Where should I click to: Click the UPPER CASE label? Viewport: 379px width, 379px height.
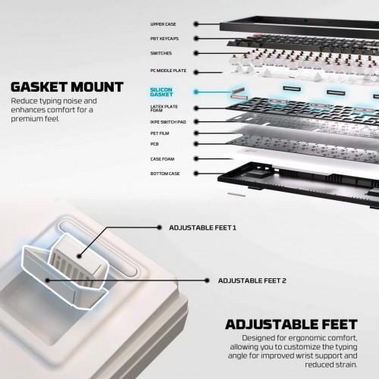click(x=163, y=24)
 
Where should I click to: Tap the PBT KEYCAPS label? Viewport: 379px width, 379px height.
click(x=164, y=39)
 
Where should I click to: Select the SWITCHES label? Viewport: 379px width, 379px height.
click(x=161, y=53)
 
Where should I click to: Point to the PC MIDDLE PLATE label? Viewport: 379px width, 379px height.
click(x=168, y=70)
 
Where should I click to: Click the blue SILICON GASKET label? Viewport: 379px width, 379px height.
click(x=161, y=92)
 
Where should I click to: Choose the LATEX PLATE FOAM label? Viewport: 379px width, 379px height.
click(x=164, y=108)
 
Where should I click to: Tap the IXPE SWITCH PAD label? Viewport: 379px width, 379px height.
click(x=168, y=122)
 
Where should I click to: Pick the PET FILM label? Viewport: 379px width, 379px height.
click(x=160, y=133)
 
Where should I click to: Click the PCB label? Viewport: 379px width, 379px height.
click(x=155, y=144)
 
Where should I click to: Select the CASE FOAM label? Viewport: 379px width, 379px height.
click(x=162, y=159)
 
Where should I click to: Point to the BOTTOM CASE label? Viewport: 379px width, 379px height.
click(x=165, y=174)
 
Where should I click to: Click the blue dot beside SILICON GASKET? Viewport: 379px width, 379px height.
click(x=196, y=92)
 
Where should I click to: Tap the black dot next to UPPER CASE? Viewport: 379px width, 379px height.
click(x=196, y=24)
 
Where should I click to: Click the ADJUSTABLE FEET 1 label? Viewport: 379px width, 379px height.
click(x=202, y=227)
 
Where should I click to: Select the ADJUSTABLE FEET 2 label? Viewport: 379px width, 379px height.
click(x=252, y=280)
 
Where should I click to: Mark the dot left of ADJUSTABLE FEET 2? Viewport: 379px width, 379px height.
click(x=207, y=280)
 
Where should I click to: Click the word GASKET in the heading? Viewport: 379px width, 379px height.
click(x=39, y=87)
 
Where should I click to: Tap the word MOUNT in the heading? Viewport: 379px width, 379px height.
click(x=97, y=87)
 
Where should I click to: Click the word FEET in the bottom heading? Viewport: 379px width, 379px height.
click(x=334, y=324)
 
